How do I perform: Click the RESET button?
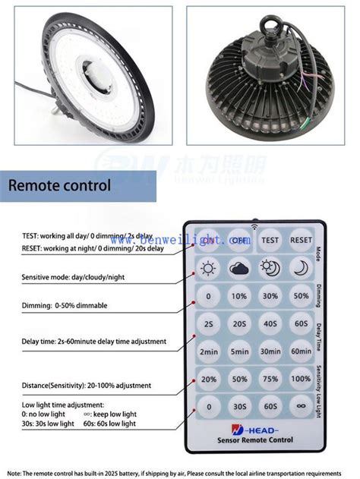click(301, 239)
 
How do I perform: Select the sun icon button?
click(208, 267)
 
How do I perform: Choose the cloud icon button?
click(239, 267)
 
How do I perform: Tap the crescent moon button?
click(301, 267)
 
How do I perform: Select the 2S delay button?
click(208, 323)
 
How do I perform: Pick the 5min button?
click(239, 351)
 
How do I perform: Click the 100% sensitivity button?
click(301, 379)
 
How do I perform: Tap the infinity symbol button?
click(301, 407)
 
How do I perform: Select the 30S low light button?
click(239, 407)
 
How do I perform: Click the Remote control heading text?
click(60, 184)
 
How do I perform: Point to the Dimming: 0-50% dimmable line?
click(65, 305)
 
